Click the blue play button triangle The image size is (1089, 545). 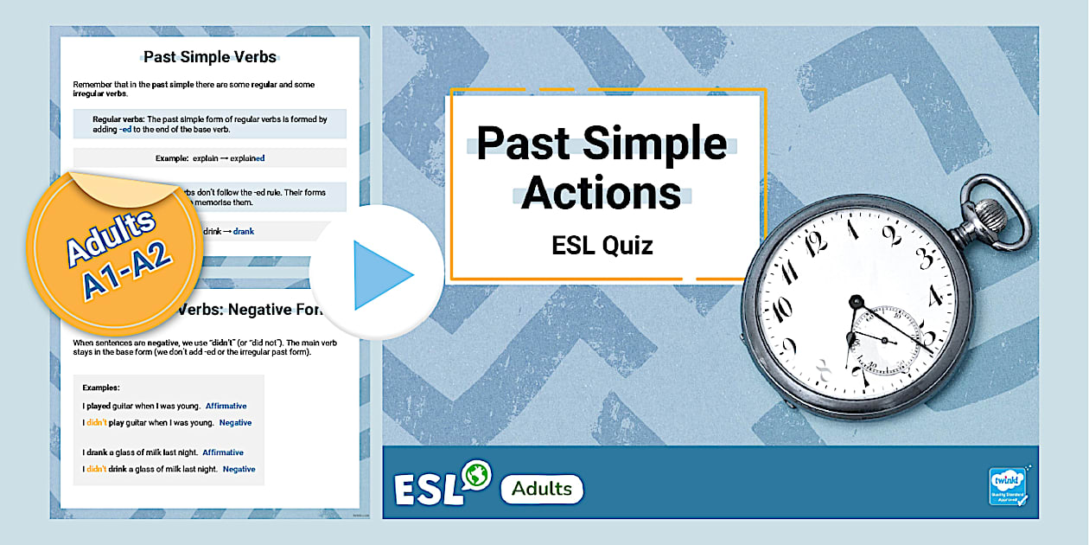point(380,274)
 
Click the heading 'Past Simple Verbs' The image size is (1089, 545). point(209,58)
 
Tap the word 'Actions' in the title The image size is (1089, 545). point(601,193)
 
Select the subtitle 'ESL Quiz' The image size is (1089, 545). point(602,246)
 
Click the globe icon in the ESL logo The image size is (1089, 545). point(476,475)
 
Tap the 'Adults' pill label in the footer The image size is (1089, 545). point(542,489)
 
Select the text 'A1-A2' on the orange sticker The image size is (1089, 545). point(128,270)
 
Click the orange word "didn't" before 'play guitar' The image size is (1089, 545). point(96,423)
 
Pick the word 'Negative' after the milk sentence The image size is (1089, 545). point(239,469)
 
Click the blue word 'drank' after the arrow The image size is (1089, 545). point(244,232)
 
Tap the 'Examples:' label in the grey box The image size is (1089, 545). point(101,388)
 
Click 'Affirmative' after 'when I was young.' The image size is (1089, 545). point(226,406)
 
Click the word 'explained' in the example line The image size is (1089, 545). point(247,158)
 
